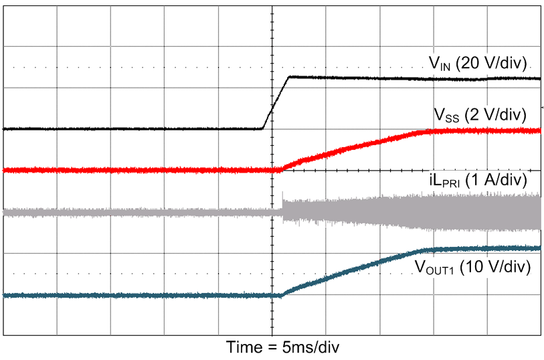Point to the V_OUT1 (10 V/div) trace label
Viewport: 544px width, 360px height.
472,267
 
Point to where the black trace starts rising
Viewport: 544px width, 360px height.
262,128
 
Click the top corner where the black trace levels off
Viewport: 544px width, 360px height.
288,78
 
